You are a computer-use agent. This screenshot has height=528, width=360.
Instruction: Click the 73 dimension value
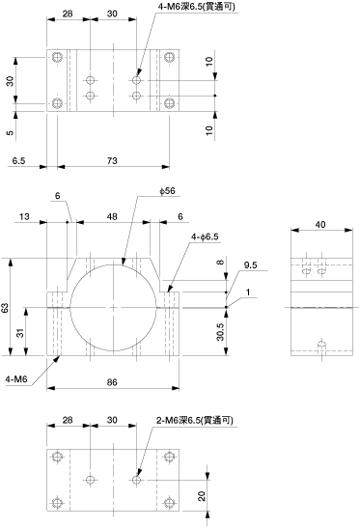click(x=112, y=160)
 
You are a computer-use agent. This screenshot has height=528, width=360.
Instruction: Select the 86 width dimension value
click(x=112, y=382)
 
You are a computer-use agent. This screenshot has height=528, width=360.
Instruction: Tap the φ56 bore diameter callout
click(x=167, y=191)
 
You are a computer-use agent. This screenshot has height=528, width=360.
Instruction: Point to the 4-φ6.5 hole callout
click(x=205, y=237)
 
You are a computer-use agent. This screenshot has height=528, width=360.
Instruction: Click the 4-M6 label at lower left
click(x=16, y=379)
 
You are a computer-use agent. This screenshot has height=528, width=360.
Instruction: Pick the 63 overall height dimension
click(x=6, y=307)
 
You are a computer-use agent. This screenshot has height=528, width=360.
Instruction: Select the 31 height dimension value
click(x=21, y=333)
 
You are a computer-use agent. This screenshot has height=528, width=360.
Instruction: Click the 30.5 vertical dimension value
click(x=220, y=332)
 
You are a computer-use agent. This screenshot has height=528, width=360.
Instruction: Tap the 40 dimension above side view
click(x=321, y=224)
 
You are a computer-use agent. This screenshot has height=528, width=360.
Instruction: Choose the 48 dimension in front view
click(x=112, y=217)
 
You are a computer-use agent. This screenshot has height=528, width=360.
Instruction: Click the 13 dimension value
click(x=24, y=217)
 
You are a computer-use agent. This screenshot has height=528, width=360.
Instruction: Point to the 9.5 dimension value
click(x=251, y=265)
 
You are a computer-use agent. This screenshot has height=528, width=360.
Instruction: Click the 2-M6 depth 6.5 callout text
click(x=195, y=420)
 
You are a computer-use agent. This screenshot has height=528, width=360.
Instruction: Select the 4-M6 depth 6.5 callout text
click(x=197, y=7)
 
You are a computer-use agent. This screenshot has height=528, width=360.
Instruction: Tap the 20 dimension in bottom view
click(x=202, y=496)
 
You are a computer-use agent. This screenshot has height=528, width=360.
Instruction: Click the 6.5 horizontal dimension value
click(x=19, y=160)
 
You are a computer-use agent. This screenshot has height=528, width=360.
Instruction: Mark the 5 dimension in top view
click(x=11, y=132)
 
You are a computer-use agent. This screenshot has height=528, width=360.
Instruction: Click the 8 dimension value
click(x=220, y=262)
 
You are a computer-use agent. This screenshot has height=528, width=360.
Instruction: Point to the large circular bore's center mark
click(x=114, y=308)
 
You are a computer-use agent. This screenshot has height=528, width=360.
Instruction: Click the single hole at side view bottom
click(x=322, y=346)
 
